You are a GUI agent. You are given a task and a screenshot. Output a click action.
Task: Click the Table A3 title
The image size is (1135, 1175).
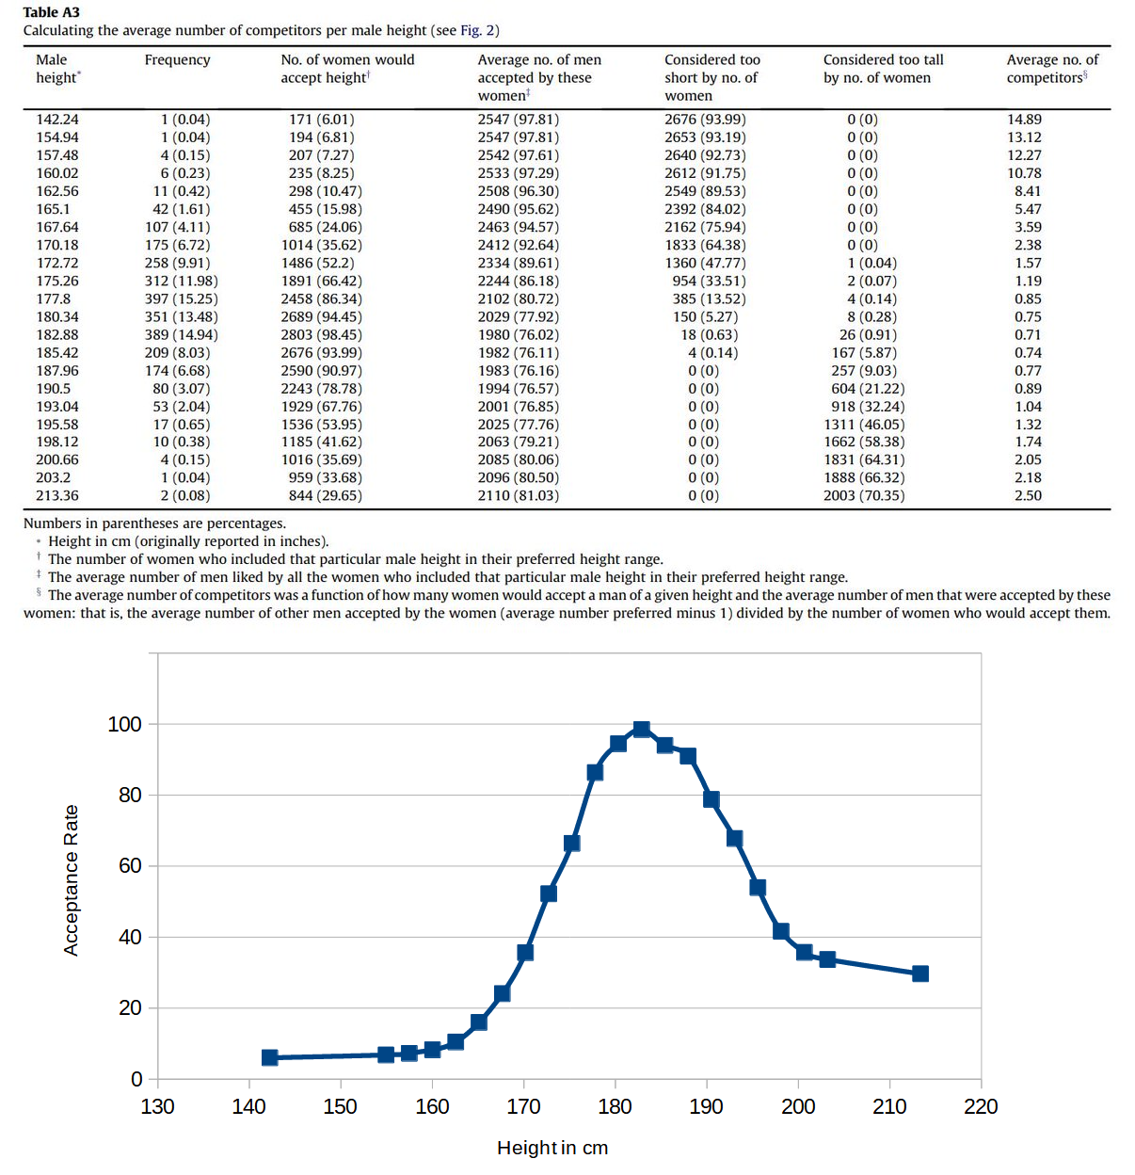(x=52, y=12)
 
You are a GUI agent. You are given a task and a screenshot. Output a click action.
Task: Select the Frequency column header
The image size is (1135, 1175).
(x=177, y=60)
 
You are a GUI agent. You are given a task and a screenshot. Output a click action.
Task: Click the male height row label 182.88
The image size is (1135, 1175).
(x=57, y=335)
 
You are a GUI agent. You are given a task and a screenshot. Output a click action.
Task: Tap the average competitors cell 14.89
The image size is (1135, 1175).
(x=1024, y=120)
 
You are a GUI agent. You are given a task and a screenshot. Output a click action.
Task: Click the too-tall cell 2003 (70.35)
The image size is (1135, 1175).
(x=863, y=496)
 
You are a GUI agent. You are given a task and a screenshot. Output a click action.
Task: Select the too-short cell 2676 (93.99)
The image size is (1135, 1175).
(x=705, y=120)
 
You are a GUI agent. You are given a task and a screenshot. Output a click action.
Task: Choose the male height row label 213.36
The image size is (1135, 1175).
(x=57, y=496)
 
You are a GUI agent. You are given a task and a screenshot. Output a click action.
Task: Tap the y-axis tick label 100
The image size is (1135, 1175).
(x=124, y=724)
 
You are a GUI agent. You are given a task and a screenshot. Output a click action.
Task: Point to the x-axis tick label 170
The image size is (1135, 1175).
(x=523, y=1106)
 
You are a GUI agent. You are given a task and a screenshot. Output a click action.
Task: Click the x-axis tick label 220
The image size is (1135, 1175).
(x=981, y=1106)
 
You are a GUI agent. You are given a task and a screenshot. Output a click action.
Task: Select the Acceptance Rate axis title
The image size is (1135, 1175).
(x=72, y=880)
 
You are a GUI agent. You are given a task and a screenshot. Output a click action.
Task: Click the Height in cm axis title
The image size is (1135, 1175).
(x=552, y=1148)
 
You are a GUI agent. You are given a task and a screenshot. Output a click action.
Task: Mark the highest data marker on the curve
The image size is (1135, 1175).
(x=642, y=729)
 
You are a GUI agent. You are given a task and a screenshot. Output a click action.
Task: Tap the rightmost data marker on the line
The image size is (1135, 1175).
(x=920, y=974)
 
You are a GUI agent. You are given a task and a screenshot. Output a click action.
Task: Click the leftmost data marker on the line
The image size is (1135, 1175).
(x=270, y=1057)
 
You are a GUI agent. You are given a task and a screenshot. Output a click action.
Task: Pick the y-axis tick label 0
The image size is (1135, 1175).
(x=136, y=1079)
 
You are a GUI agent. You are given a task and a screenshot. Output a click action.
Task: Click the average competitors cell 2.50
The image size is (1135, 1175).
(x=1028, y=496)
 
